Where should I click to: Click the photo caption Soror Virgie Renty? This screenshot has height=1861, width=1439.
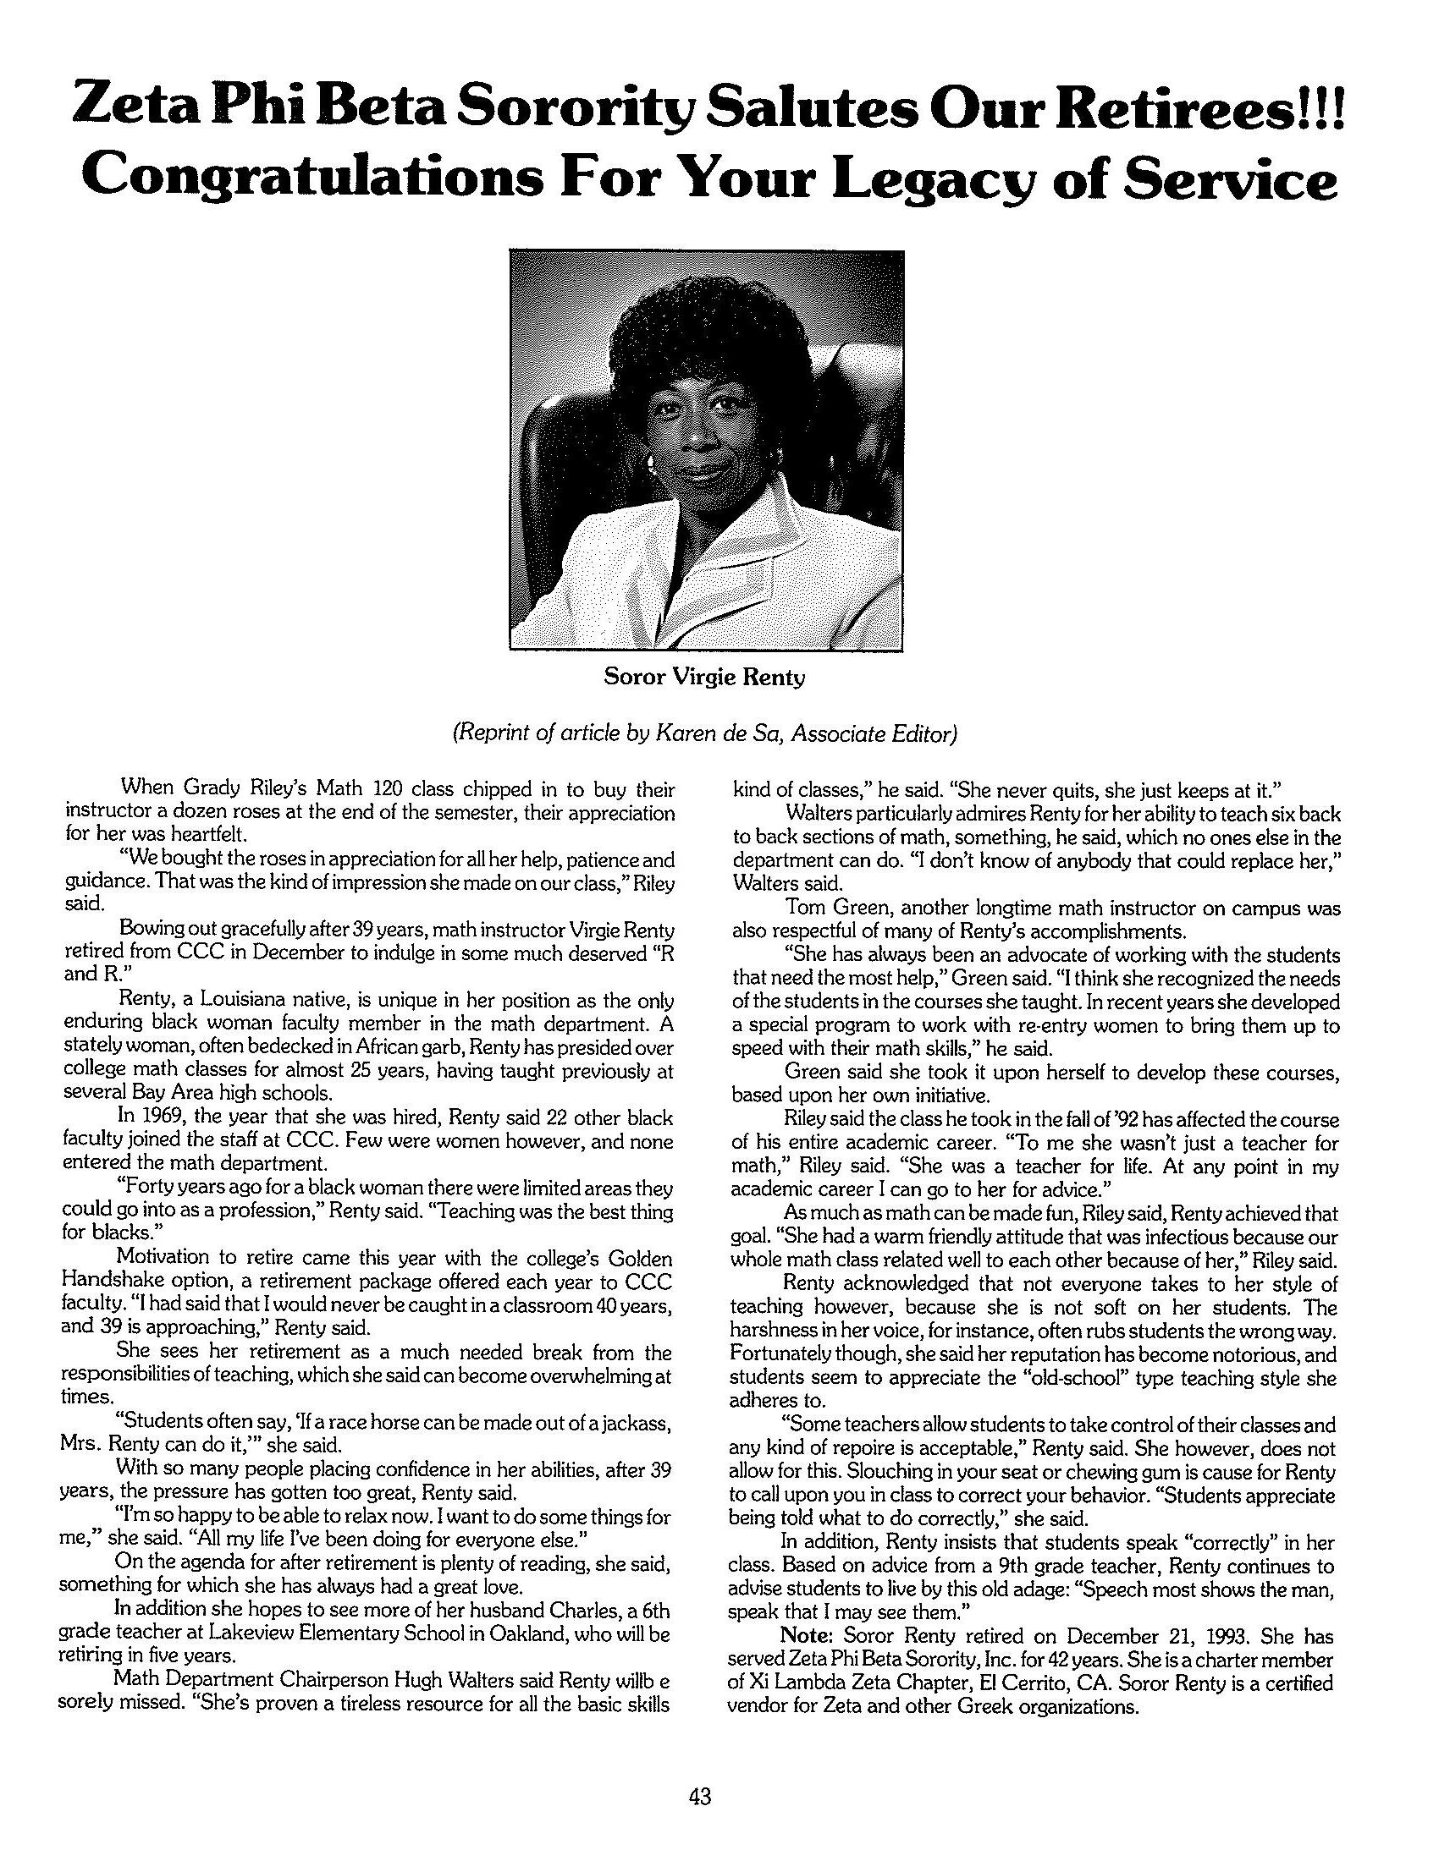(704, 678)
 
